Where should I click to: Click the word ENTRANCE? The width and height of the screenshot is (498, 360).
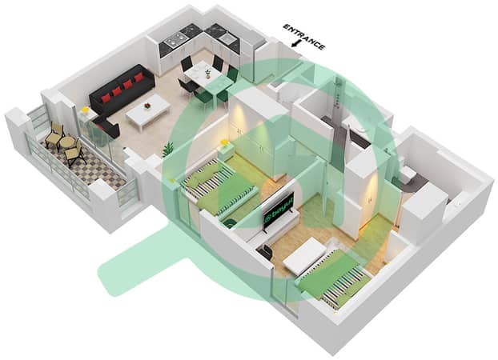pyautogui.click(x=304, y=37)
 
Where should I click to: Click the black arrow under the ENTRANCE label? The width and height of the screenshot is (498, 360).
pyautogui.click(x=296, y=44)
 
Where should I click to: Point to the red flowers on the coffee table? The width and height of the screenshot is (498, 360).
pyautogui.click(x=147, y=105)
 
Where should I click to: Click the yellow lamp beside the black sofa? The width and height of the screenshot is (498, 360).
pyautogui.click(x=85, y=110)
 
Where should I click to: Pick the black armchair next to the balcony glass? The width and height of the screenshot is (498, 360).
pyautogui.click(x=107, y=126)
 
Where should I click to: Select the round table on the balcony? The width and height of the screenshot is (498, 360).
pyautogui.click(x=67, y=143)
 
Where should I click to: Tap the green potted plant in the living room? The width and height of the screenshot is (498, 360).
pyautogui.click(x=167, y=150)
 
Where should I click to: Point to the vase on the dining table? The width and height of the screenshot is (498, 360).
pyautogui.click(x=207, y=74)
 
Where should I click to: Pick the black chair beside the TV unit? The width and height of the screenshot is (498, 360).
pyautogui.click(x=266, y=250)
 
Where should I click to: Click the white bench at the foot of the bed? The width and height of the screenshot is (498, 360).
pyautogui.click(x=305, y=255)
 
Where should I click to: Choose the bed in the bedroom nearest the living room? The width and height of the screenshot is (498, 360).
pyautogui.click(x=219, y=186)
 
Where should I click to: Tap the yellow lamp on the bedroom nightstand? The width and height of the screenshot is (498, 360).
pyautogui.click(x=224, y=142)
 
